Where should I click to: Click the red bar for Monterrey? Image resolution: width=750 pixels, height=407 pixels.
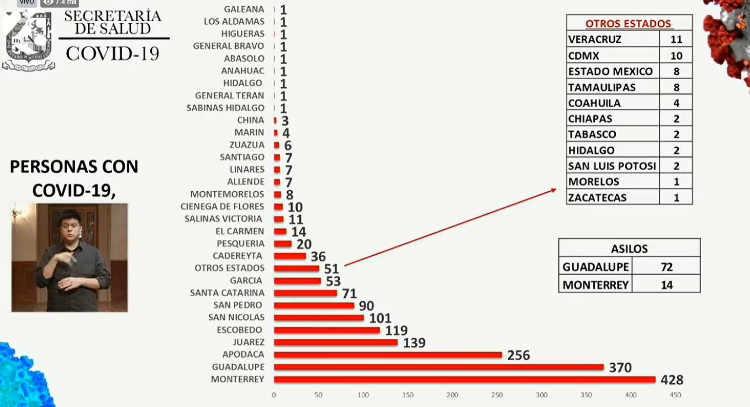464,379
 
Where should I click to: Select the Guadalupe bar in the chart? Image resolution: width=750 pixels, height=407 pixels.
439,367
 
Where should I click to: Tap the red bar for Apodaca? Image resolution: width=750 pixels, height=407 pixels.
388,354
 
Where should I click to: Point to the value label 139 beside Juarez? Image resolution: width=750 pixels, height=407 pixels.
414,343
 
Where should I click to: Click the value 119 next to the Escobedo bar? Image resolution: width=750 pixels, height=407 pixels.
396,330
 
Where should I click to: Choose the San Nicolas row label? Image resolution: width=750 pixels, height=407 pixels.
236,318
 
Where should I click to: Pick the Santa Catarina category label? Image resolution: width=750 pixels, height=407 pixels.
227,293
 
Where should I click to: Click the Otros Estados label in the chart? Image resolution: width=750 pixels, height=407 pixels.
230,268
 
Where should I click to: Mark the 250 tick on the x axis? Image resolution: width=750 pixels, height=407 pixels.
497,395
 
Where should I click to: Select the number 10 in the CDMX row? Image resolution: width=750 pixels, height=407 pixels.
676,56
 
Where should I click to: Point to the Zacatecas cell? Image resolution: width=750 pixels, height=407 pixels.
597,197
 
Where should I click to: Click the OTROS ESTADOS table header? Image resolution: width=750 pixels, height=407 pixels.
628,24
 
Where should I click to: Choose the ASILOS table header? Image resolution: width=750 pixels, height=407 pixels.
629,248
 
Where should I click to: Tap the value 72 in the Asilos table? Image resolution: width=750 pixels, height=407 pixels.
666,267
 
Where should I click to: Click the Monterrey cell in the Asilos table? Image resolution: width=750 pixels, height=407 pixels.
596,285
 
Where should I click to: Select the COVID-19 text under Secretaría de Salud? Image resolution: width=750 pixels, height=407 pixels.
112,53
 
